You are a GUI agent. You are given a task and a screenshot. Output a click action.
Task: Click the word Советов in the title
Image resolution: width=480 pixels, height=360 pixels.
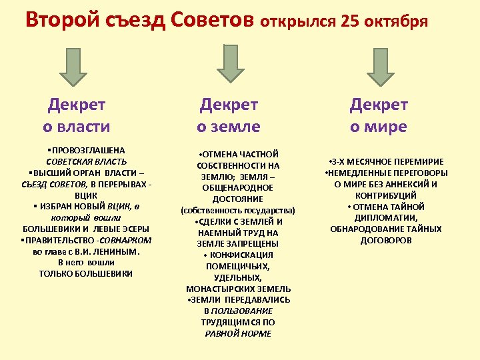coord(213,19)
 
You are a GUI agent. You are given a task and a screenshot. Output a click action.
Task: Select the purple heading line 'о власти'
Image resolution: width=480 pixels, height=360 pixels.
coord(77,126)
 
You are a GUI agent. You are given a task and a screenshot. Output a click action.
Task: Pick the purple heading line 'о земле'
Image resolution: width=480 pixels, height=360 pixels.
coord(229,126)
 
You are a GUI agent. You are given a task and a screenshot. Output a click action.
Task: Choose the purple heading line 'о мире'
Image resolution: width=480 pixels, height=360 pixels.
coord(379,126)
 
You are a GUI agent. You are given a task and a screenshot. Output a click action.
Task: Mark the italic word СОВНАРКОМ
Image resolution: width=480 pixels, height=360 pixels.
coord(126,240)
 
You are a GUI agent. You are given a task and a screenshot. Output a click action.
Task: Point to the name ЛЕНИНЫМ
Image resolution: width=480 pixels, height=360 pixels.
coord(114,251)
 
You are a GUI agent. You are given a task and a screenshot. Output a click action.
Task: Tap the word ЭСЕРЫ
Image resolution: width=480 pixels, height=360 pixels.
coord(129,229)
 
